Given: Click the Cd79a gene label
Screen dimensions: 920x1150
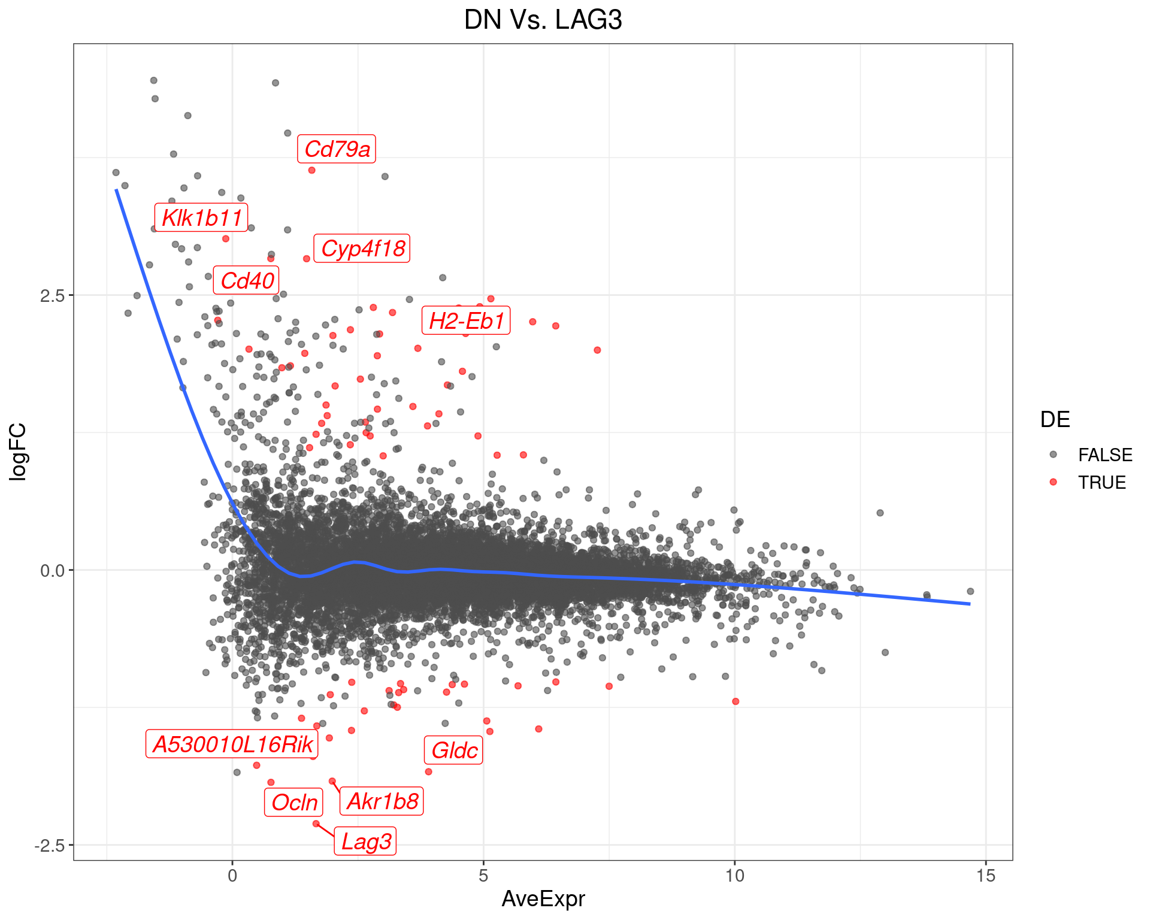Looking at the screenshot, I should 337,149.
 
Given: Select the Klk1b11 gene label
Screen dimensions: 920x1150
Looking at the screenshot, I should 202,217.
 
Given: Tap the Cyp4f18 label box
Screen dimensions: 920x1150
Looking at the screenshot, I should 362,248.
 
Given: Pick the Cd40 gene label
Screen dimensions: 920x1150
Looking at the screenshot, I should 247,280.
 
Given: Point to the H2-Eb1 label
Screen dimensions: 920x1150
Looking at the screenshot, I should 467,321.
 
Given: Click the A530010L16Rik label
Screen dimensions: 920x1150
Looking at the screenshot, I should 232,744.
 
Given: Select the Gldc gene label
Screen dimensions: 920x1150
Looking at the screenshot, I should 454,750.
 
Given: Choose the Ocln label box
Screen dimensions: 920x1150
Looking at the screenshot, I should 294,802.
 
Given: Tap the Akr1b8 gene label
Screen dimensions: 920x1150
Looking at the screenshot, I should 382,801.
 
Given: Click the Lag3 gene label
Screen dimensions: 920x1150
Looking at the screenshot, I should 366,842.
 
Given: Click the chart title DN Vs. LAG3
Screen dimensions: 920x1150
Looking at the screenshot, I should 543,20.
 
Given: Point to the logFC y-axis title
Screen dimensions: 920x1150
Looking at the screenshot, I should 19,452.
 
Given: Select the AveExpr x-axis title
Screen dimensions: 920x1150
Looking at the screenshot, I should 543,898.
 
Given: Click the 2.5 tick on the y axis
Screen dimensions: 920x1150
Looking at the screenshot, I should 52,295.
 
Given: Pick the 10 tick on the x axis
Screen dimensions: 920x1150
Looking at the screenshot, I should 734,876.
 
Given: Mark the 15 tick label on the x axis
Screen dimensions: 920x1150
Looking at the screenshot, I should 985,876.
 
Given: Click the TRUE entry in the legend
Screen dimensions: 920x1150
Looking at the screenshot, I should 1101,482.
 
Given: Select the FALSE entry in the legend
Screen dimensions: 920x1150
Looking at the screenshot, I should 1104,455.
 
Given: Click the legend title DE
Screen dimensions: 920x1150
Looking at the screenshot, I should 1055,419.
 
